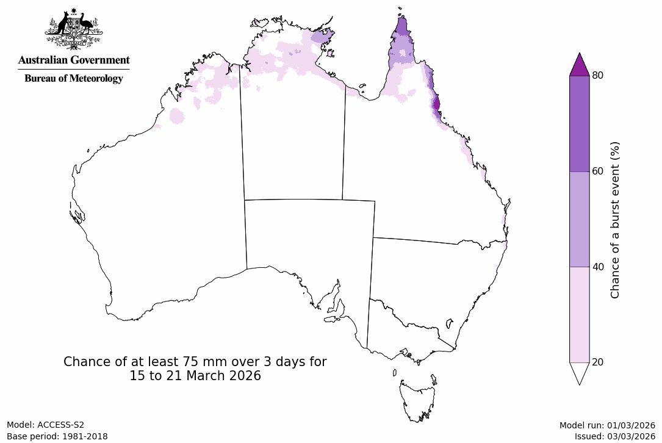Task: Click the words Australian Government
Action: [74, 60]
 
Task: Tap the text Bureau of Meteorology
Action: [74, 78]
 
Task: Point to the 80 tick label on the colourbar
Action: [597, 76]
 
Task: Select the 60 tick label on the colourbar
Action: [597, 171]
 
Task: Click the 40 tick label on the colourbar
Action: [597, 267]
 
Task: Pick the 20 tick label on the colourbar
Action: [597, 362]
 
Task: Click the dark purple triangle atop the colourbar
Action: [579, 65]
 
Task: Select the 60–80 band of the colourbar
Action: [579, 123]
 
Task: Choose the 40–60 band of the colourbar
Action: [579, 218]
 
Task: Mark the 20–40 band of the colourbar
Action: [579, 314]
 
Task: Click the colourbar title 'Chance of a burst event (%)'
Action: [615, 220]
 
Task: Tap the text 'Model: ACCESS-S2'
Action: [46, 425]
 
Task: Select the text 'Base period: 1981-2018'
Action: [57, 436]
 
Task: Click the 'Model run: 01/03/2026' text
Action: [607, 425]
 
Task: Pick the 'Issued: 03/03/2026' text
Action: [614, 436]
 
